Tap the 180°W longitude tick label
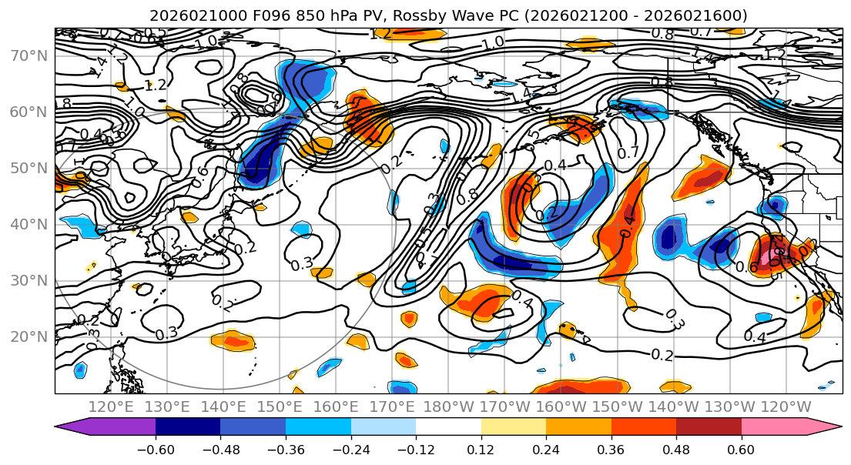[x=449, y=407]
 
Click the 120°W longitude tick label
[x=786, y=407]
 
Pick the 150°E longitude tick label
[x=280, y=407]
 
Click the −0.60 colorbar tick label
[x=156, y=449]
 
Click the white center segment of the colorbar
[x=448, y=427]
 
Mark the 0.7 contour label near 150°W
[x=628, y=152]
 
